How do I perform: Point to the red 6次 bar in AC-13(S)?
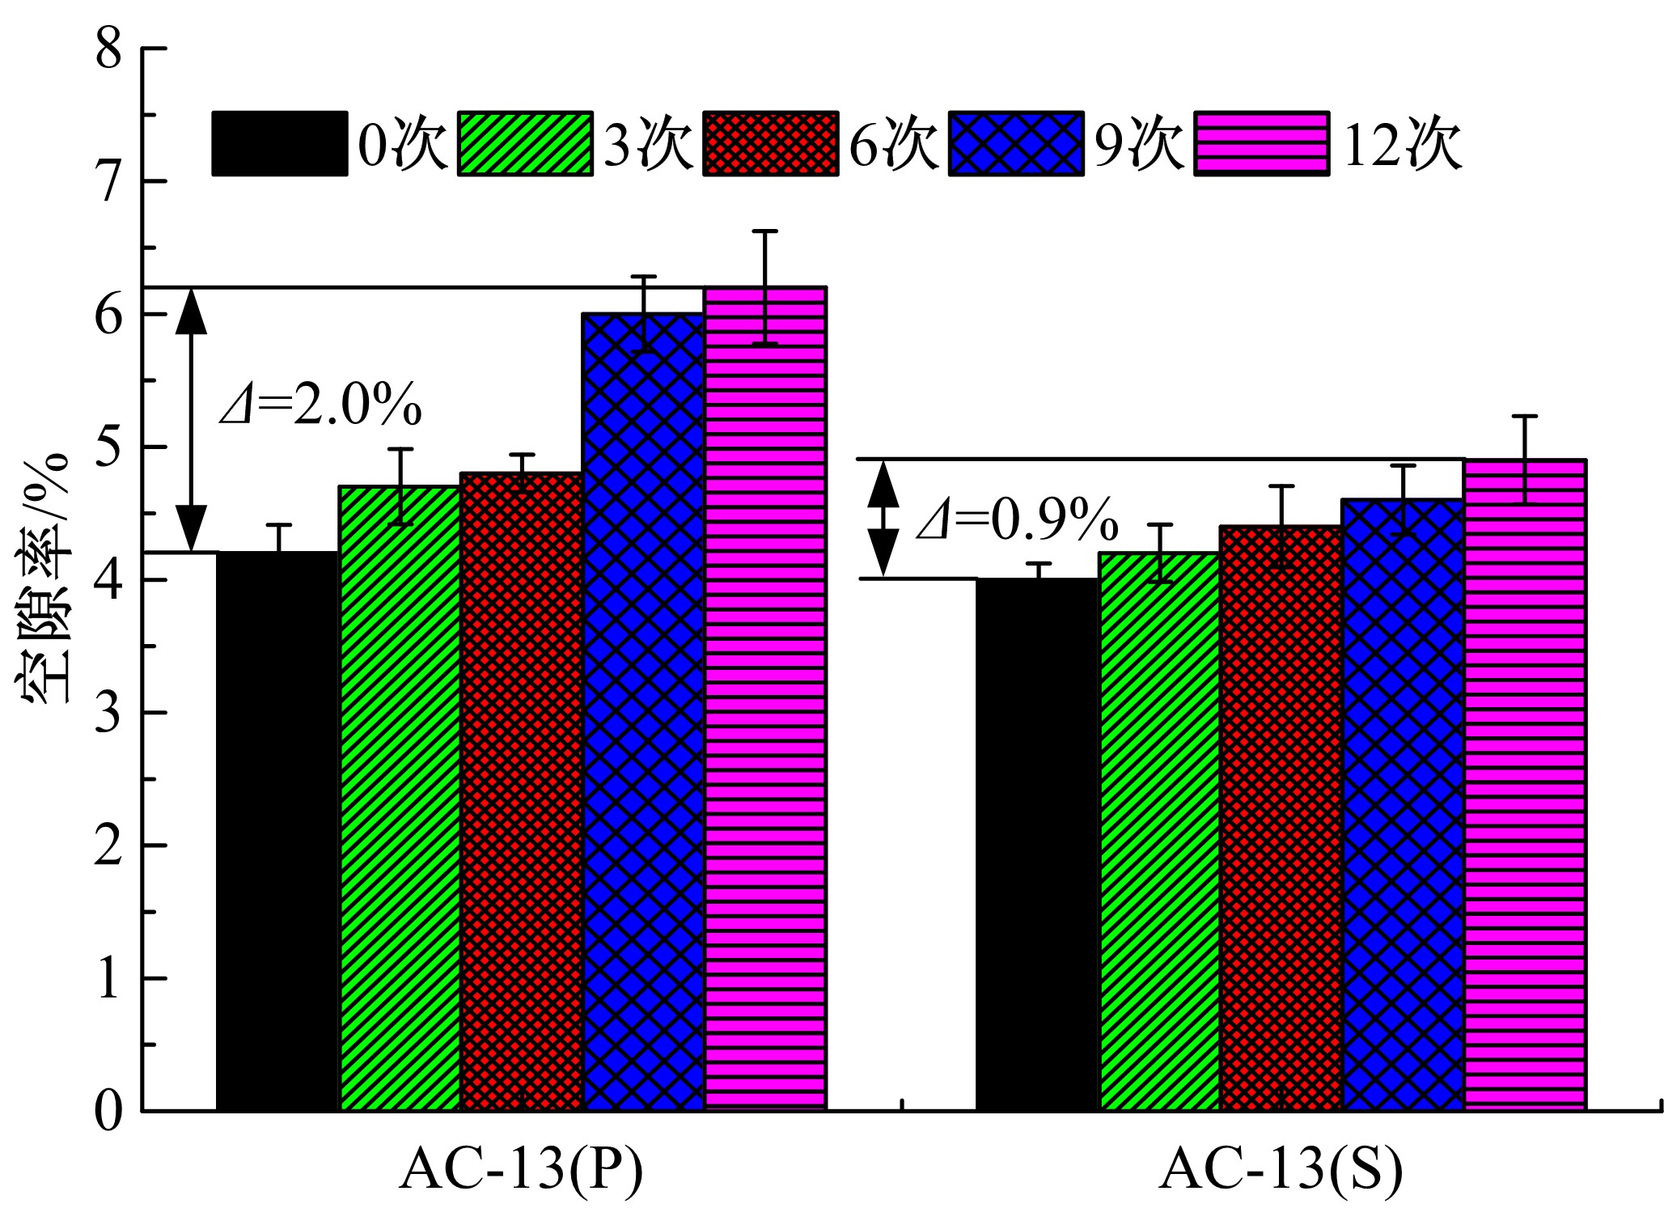1281,817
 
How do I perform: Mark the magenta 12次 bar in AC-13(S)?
1525,784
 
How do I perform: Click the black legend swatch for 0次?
280,144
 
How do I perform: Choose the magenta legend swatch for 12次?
1262,144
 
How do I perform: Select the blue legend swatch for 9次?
1016,144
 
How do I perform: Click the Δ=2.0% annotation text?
321,404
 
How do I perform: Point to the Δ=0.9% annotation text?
1017,520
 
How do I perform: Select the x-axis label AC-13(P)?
522,1169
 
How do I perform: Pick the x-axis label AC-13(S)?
1281,1169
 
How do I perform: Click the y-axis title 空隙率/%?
42,579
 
